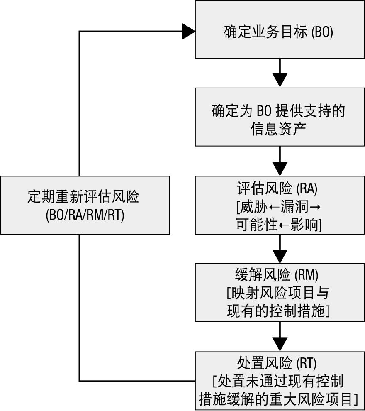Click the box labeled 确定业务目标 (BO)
[x=280, y=29]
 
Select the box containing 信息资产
[x=280, y=117]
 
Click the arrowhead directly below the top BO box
[x=280, y=79]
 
